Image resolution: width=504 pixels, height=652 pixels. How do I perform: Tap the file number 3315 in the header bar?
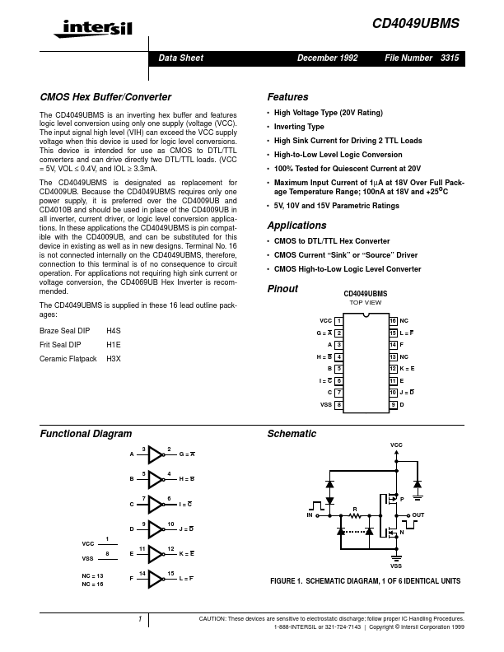pos(450,58)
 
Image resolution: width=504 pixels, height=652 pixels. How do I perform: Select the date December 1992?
pos(328,58)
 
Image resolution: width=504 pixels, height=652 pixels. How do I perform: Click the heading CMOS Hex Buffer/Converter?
pos(93,96)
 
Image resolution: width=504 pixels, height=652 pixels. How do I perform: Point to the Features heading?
pos(288,96)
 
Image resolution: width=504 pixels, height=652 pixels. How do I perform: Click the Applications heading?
pos(296,226)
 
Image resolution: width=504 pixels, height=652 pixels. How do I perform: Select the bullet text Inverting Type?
pos(300,127)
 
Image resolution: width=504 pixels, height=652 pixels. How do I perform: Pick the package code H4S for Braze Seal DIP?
pos(114,329)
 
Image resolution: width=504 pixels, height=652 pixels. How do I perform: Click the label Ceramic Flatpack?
pos(68,359)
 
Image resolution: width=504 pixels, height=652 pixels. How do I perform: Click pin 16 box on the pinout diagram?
pos(393,319)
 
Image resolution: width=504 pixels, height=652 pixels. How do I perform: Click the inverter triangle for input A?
pos(156,454)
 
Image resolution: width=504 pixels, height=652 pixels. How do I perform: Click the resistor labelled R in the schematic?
pos(355,516)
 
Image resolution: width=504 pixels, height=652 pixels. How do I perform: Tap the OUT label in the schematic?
pos(418,515)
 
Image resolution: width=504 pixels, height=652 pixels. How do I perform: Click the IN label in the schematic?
pos(310,515)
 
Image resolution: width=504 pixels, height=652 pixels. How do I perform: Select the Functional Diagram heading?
pos(86,433)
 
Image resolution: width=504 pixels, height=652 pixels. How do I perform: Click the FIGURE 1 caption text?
pos(365,581)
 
